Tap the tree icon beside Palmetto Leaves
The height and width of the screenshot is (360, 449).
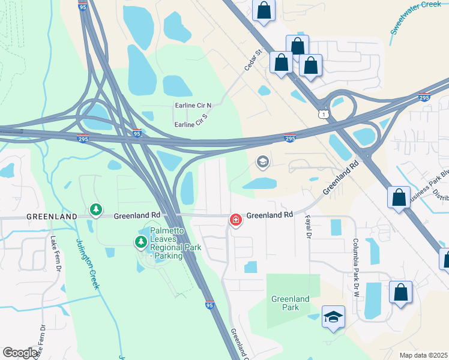[x=140, y=242]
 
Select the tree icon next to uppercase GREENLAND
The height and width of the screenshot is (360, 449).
[x=95, y=209]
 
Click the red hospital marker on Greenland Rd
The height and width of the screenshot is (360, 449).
[x=235, y=220]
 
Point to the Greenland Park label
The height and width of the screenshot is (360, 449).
[x=290, y=303]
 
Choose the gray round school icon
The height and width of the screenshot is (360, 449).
[x=262, y=161]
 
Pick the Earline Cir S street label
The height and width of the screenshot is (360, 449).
[x=190, y=124]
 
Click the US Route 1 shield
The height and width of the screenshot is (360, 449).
[x=324, y=113]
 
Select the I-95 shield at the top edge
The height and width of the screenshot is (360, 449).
[x=83, y=6]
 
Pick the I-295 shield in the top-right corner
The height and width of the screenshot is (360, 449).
[x=424, y=97]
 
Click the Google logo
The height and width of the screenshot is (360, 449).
[x=20, y=353]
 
